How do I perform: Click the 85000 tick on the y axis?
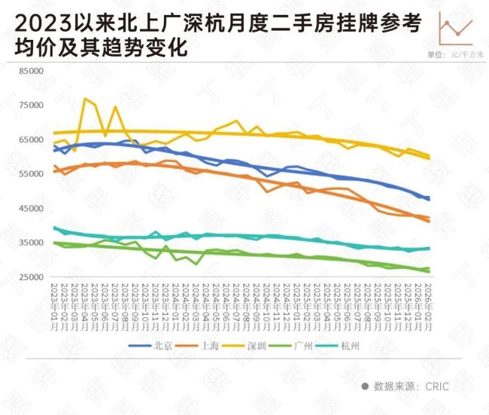point(32,71)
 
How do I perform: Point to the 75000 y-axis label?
point(32,105)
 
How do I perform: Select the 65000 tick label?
point(32,139)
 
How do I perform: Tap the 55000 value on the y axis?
point(32,174)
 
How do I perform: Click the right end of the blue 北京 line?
point(429,199)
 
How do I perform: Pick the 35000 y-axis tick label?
point(32,243)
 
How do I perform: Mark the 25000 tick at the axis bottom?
point(32,277)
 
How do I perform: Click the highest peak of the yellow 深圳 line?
point(85,99)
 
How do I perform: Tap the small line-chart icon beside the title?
point(455,28)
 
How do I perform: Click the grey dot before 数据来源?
point(365,386)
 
